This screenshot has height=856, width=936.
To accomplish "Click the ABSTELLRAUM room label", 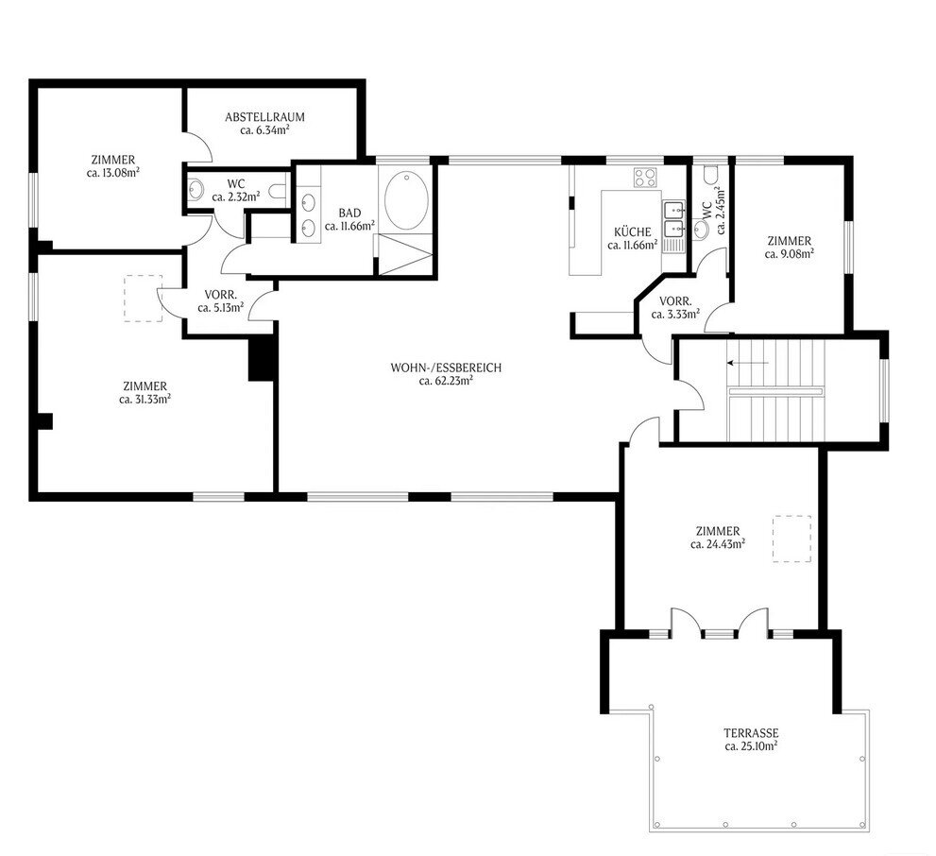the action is (x=264, y=117).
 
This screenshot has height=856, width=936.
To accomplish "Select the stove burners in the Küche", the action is (x=645, y=178).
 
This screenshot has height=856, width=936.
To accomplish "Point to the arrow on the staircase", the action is (x=747, y=363).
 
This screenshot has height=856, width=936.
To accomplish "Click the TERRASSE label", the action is (x=751, y=732).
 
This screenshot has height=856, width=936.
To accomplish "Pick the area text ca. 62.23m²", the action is (x=446, y=381).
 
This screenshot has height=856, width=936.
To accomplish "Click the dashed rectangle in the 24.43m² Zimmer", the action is (x=792, y=539).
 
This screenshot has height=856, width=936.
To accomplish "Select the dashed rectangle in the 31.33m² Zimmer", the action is (x=144, y=299).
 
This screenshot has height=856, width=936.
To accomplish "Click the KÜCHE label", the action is (x=633, y=231).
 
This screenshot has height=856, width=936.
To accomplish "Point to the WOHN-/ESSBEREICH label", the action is (x=446, y=368).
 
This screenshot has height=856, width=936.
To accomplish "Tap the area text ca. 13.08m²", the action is (x=113, y=173).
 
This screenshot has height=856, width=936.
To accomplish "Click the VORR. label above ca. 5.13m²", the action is (x=221, y=295).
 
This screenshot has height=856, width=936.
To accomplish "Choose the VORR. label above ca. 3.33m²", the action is (x=675, y=300).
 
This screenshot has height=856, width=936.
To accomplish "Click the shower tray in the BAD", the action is (x=403, y=255).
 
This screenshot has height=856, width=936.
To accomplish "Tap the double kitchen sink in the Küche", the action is (x=674, y=218).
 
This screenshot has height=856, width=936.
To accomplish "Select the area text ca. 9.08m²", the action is (x=790, y=254).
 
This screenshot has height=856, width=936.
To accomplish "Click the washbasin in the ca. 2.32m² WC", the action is (x=196, y=189).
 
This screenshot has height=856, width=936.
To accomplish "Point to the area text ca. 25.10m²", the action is (x=751, y=746).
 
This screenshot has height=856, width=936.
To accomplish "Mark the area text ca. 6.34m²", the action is (x=265, y=130).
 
